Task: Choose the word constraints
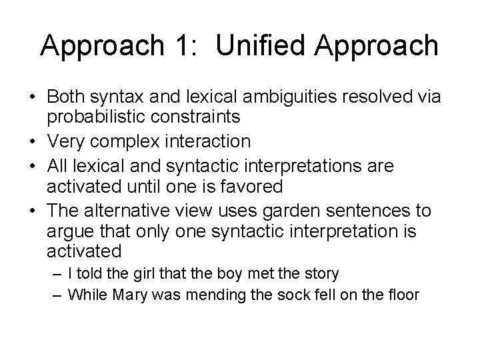click(x=197, y=118)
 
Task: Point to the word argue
click(x=69, y=231)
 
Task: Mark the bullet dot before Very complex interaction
click(x=33, y=141)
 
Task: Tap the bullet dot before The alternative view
click(x=33, y=210)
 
